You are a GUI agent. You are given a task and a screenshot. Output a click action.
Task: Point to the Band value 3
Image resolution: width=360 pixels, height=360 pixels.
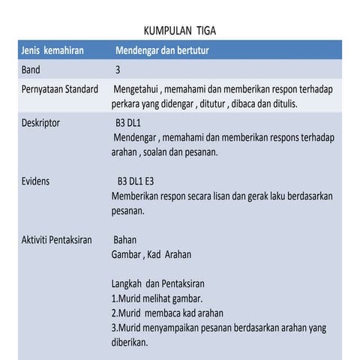(118, 70)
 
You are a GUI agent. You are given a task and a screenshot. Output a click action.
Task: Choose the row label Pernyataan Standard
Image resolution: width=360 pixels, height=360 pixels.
(60, 90)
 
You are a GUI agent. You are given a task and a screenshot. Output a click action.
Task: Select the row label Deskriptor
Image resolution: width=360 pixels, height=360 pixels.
(41, 122)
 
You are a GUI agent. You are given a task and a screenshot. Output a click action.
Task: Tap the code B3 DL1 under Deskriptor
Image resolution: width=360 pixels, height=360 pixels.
(133, 122)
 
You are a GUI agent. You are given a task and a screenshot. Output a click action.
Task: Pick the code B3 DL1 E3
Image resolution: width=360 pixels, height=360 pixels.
(141, 181)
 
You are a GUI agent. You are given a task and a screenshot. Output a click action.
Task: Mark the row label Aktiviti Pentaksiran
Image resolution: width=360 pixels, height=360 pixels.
(57, 240)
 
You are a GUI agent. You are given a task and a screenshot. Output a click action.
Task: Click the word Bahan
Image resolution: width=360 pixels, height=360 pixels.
(126, 240)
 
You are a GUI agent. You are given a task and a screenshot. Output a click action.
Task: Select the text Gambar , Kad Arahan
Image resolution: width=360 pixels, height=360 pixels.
(151, 255)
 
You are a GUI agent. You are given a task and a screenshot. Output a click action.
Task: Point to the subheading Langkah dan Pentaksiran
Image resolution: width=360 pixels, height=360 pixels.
(157, 284)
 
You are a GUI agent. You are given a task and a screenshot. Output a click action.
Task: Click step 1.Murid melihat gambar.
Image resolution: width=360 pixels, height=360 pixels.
(157, 298)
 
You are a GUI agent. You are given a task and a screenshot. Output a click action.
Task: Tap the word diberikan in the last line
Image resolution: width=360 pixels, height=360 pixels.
(129, 342)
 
